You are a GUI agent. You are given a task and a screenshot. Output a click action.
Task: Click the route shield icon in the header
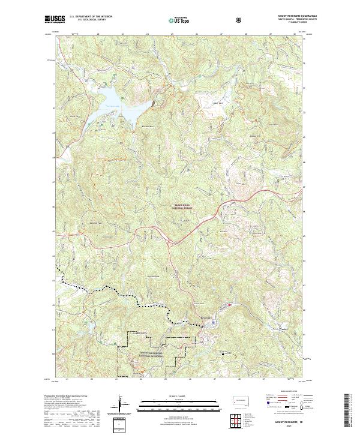click(x=241, y=20)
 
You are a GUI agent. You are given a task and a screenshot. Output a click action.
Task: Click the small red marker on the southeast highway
click(x=229, y=306)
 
